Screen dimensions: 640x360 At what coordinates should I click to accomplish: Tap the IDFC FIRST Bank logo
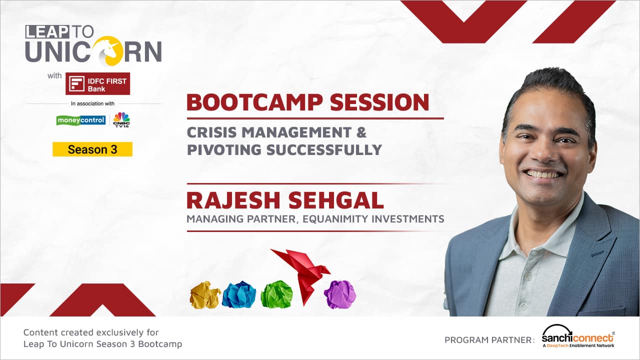pos(97,83)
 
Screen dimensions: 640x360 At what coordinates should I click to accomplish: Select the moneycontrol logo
pos(81,120)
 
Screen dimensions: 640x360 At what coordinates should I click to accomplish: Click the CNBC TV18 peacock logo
pos(121,119)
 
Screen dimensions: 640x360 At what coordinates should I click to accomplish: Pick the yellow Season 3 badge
pos(92,149)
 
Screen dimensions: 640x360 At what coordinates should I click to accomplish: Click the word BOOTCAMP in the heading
pos(254,102)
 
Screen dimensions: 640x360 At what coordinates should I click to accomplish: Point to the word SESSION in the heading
pos(379,102)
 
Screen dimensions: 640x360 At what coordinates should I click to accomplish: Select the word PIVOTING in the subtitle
pos(224,149)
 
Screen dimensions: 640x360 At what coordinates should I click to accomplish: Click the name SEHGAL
pos(336,200)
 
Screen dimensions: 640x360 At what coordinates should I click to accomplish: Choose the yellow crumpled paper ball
pos(205,295)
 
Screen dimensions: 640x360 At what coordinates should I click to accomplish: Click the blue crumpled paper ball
pos(239,294)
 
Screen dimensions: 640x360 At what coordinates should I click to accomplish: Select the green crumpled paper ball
pos(277,294)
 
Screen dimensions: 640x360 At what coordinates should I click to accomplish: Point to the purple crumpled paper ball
pos(340,294)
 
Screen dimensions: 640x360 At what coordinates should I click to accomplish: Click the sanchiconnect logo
pos(578,336)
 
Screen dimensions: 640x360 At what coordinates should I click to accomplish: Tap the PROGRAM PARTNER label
pos(489,340)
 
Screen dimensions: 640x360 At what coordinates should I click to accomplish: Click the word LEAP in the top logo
pos(47,32)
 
